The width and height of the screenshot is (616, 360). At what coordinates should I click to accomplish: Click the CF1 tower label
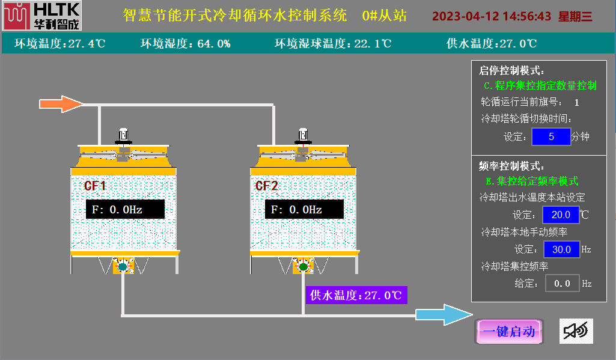[x=95, y=186]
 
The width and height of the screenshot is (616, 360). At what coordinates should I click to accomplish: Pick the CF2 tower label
[x=267, y=186]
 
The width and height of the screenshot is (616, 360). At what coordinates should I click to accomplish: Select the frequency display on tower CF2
[x=304, y=210]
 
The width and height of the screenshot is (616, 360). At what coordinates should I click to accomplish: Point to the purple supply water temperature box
[x=356, y=295]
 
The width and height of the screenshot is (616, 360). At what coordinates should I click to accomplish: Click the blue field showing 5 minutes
[x=550, y=136]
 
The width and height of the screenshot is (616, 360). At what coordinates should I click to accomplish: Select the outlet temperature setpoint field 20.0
[x=560, y=215]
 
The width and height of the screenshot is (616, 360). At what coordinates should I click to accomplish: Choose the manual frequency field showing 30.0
[x=561, y=249]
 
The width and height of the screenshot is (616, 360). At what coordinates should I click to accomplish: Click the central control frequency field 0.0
[x=562, y=283]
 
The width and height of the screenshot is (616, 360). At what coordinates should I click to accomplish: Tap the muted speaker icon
[x=576, y=331]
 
